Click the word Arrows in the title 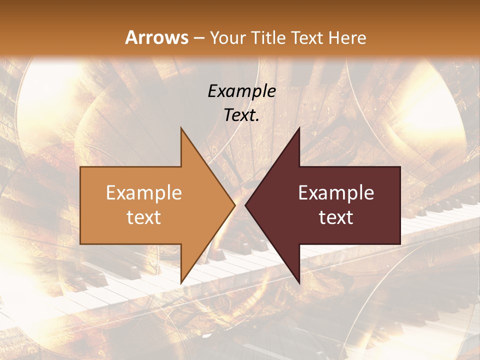tap(156, 37)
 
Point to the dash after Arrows tap(199, 38)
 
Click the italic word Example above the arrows tap(241, 91)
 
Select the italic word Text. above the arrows tap(241, 115)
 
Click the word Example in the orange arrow tap(144, 193)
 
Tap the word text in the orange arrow tap(144, 217)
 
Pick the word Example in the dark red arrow tap(336, 193)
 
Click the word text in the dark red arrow tap(336, 217)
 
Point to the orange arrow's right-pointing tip tap(234, 205)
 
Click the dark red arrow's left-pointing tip tap(245, 205)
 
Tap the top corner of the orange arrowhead tap(181, 127)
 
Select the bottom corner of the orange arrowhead tap(181, 283)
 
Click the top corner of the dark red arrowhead tap(299, 127)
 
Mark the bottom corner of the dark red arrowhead tap(299, 283)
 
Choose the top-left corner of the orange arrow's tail tap(81, 167)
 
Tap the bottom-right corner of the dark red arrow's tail tap(400, 243)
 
